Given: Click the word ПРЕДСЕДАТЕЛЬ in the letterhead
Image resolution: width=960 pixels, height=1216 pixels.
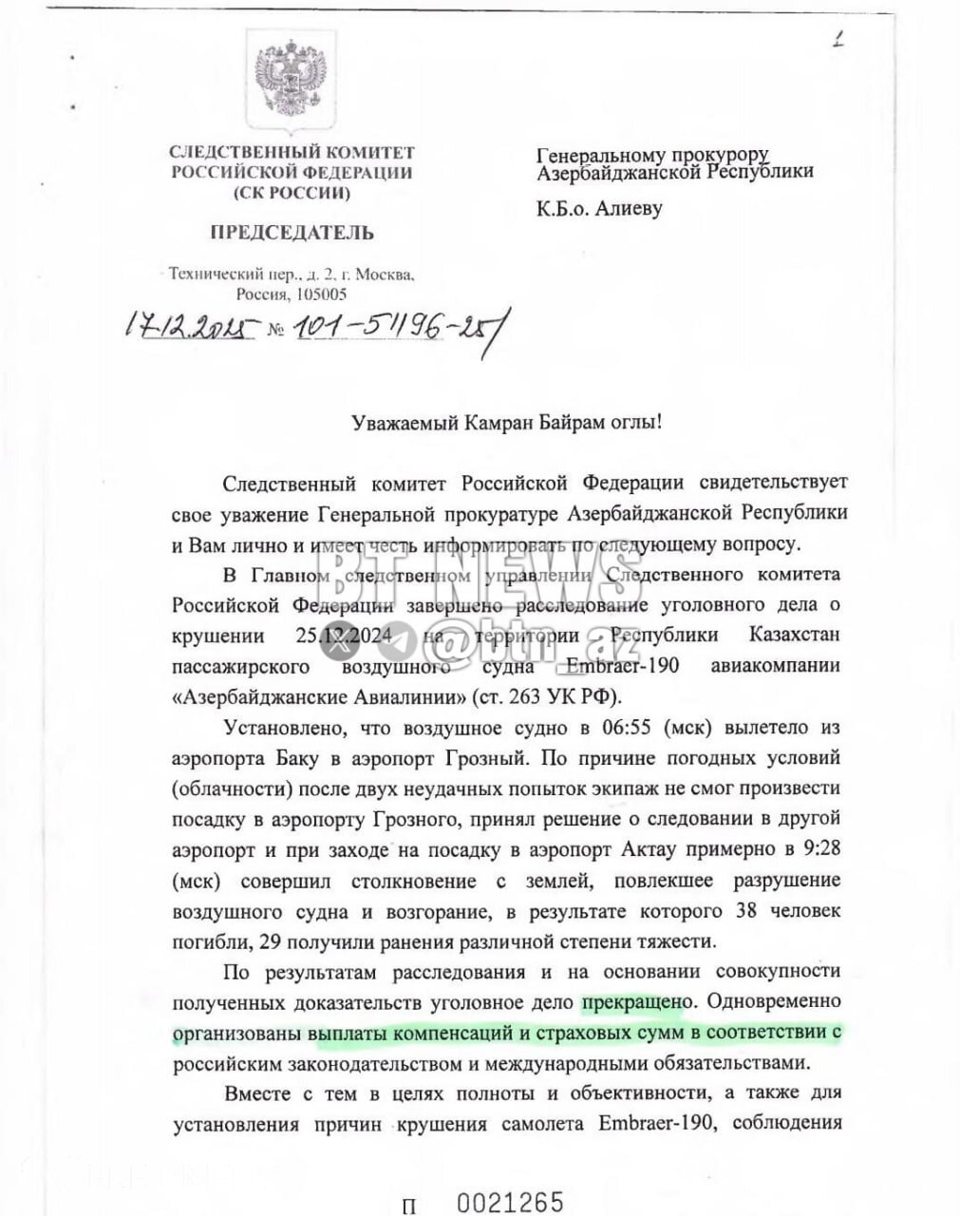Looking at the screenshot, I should pos(292,232).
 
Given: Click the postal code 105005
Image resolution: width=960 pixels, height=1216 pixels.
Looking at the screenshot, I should pos(321,294).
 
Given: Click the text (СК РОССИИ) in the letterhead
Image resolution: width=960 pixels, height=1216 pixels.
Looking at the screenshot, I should pos(292,193).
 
